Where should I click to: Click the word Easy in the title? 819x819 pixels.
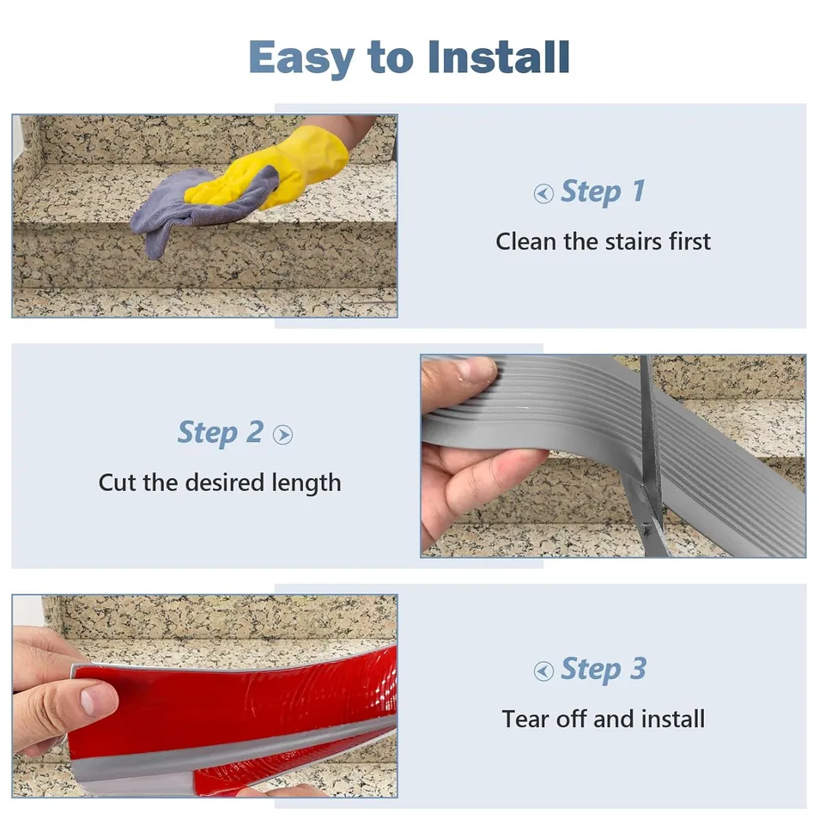[x=300, y=58]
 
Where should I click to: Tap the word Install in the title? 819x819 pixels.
[x=498, y=57]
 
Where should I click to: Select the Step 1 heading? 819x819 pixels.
[x=602, y=191]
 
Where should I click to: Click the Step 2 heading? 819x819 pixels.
[x=220, y=433]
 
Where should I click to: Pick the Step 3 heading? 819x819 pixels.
[x=603, y=670]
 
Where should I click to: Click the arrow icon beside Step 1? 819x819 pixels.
[x=543, y=194]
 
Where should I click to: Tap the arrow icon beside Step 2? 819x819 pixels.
[x=282, y=435]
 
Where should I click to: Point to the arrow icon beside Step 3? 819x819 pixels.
[x=543, y=671]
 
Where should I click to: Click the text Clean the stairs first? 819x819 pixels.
[x=603, y=241]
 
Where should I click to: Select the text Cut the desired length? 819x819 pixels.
[x=220, y=482]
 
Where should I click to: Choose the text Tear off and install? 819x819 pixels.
[x=603, y=719]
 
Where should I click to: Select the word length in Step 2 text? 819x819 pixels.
[x=306, y=482]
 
